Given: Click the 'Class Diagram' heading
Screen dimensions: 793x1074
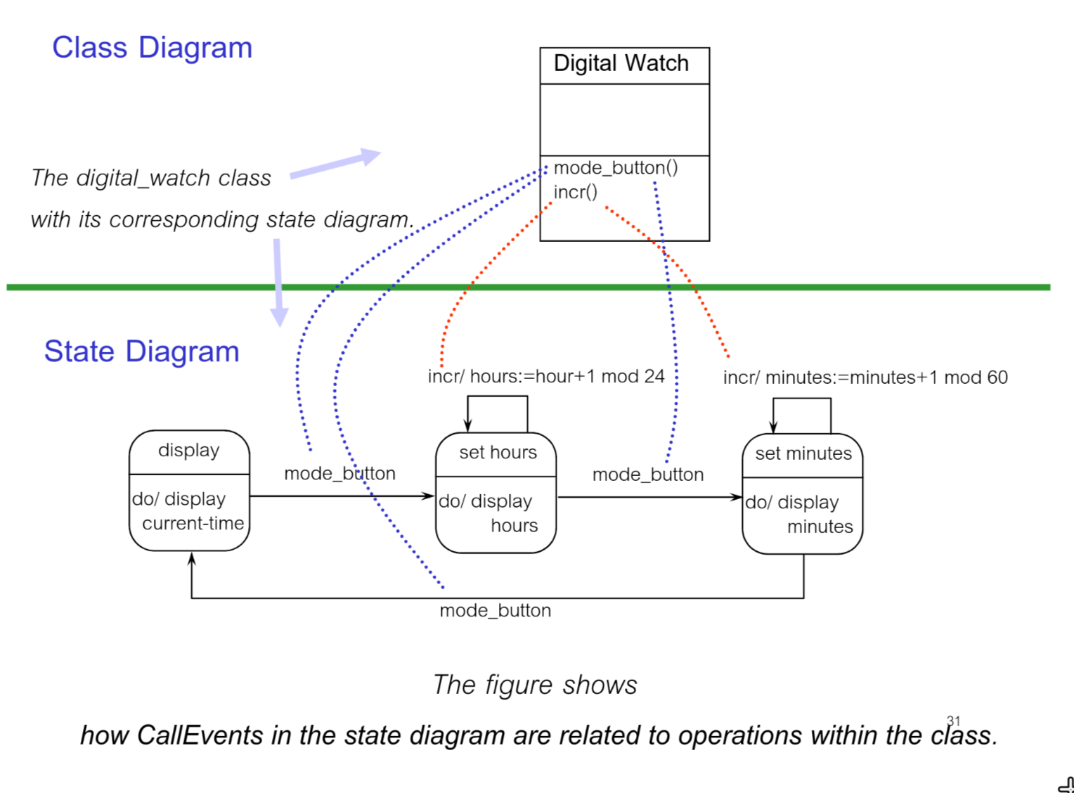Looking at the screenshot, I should tap(152, 48).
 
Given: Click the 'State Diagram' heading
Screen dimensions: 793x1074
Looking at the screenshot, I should tap(141, 352).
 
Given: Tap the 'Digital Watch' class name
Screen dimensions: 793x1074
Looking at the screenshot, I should tap(621, 63).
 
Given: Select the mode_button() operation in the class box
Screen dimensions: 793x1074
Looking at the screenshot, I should tap(616, 168).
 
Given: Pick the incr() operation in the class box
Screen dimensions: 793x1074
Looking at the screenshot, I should tap(575, 192).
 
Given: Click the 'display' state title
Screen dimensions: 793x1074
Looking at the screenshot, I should tap(188, 450).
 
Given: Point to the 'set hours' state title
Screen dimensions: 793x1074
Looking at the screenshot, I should tap(498, 453).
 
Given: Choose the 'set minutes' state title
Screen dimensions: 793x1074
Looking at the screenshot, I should tap(803, 454).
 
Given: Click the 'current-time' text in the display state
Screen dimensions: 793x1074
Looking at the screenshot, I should tap(193, 524).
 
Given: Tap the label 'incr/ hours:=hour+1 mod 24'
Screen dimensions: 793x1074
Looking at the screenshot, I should tap(546, 377).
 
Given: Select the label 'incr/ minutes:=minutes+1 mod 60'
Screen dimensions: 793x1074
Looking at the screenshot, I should tap(865, 378).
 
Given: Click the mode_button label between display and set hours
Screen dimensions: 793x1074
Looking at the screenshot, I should tap(339, 474).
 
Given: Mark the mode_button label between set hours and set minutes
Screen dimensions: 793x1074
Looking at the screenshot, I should tap(647, 475).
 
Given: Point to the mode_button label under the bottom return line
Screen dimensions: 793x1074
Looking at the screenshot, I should tap(495, 611).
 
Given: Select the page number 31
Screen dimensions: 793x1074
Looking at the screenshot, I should tap(953, 721).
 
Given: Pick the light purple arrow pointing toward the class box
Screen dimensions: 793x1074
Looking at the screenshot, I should tap(336, 164).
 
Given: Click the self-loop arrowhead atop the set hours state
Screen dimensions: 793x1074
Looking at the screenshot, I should tap(467, 425).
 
